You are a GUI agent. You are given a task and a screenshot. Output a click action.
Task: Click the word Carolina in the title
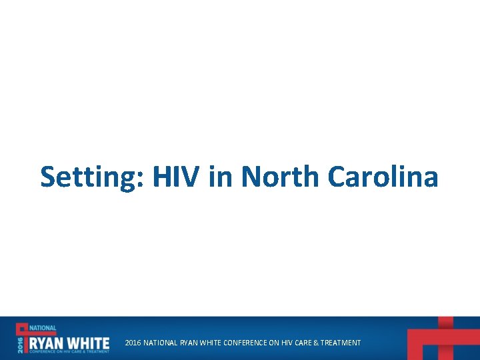383,177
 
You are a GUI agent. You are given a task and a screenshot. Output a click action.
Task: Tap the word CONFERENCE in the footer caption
240,343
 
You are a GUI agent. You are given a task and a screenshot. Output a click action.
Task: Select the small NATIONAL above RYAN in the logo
43,329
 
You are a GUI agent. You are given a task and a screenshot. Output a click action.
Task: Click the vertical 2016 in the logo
20,343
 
